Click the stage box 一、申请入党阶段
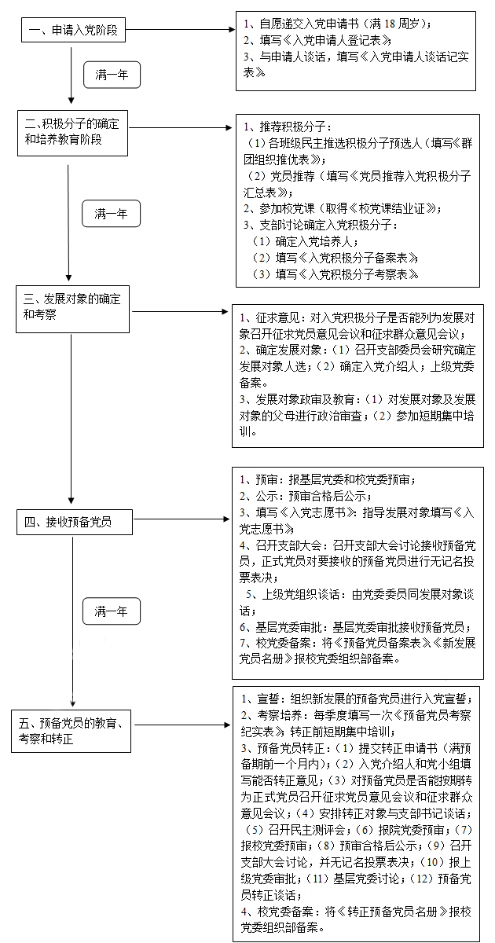(71, 31)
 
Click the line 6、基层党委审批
(354, 627)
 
